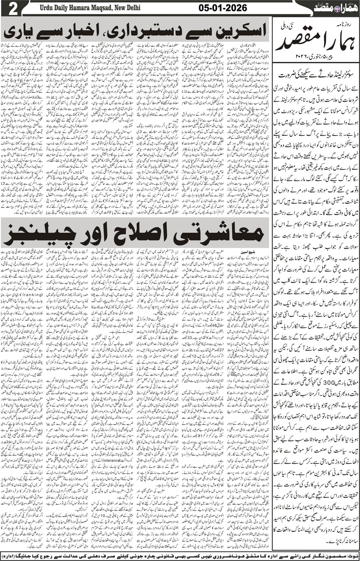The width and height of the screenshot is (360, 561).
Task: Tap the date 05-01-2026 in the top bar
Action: pyautogui.click(x=223, y=8)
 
